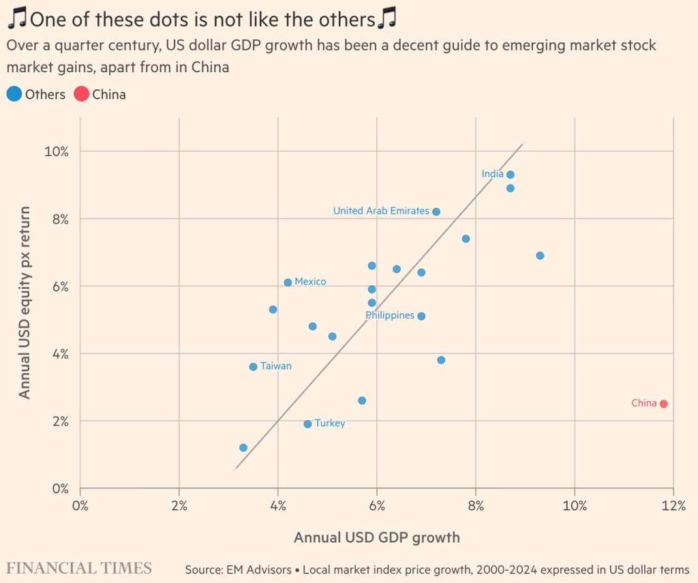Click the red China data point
click(664, 404)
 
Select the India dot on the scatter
click(510, 174)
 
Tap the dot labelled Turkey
click(307, 424)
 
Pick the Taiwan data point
click(253, 366)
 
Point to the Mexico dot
click(288, 282)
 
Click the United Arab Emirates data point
click(436, 211)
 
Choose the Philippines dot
click(421, 316)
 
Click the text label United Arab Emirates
click(381, 211)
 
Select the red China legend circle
click(82, 95)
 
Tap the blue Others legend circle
click(14, 95)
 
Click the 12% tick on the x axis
click(673, 505)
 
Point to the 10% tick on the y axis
click(57, 151)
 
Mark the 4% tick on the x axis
click(277, 505)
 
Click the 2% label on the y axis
click(60, 421)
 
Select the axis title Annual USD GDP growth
click(376, 537)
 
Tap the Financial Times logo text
click(79, 568)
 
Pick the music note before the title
click(16, 19)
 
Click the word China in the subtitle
click(208, 67)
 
